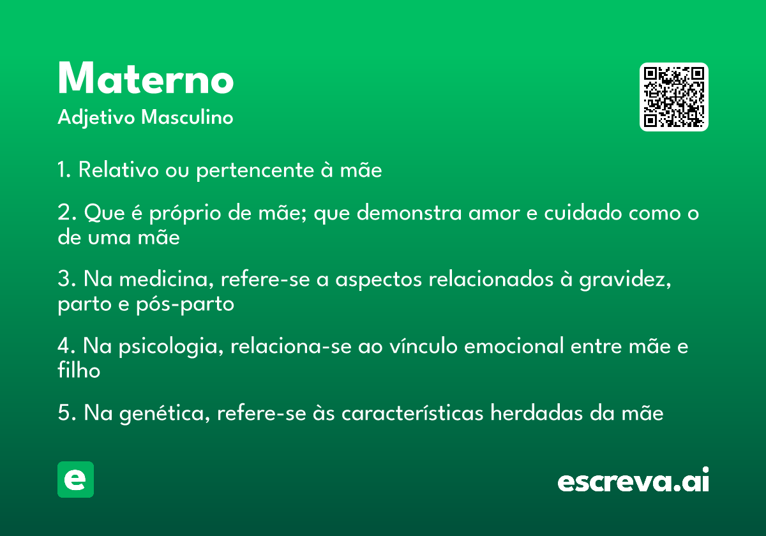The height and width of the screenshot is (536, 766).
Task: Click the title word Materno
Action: pyautogui.click(x=146, y=78)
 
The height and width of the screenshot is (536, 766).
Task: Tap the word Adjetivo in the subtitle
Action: pyautogui.click(x=96, y=118)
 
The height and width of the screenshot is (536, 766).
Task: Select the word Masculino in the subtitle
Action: pyautogui.click(x=187, y=117)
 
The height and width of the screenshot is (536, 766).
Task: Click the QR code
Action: pyautogui.click(x=673, y=97)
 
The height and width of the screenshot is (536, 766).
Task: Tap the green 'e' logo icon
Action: pyautogui.click(x=75, y=479)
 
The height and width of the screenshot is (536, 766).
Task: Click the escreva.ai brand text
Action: pyautogui.click(x=633, y=480)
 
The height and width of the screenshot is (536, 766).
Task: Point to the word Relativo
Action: pyautogui.click(x=119, y=170)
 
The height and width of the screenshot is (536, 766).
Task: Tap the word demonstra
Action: pyautogui.click(x=409, y=212)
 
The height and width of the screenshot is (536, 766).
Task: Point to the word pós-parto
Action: pyautogui.click(x=185, y=304)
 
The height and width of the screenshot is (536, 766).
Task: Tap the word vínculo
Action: pyautogui.click(x=423, y=345)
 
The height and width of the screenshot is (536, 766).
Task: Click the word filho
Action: pyautogui.click(x=79, y=369)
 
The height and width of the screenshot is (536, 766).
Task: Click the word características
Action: pyautogui.click(x=412, y=413)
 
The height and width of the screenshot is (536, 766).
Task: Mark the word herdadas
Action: pyautogui.click(x=536, y=413)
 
